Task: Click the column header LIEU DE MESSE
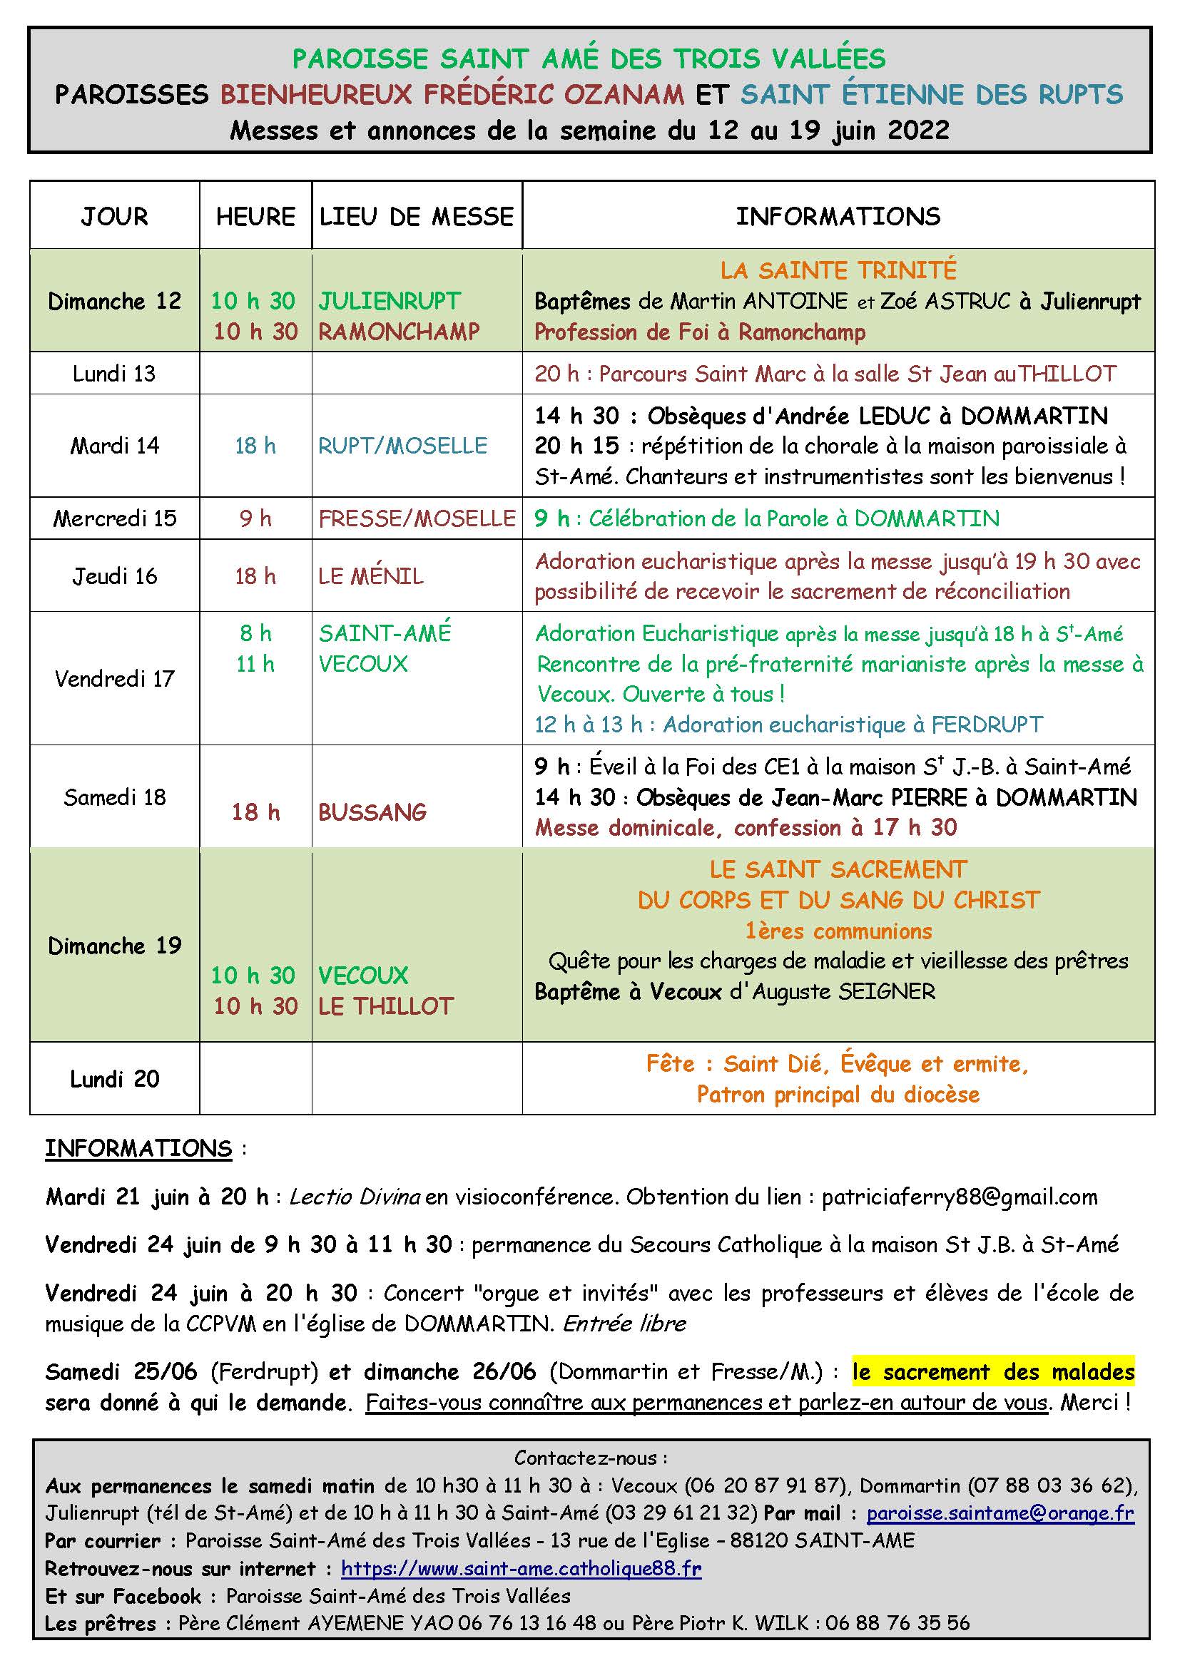(x=417, y=217)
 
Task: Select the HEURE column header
(x=255, y=217)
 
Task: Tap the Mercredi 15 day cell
(x=115, y=518)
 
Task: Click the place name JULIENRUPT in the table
(x=390, y=301)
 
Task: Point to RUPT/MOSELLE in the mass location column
(x=402, y=445)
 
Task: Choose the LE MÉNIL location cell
(x=370, y=576)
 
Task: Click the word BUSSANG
(x=372, y=812)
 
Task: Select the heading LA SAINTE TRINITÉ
(x=838, y=270)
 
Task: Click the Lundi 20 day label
(x=115, y=1079)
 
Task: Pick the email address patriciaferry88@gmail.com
(x=959, y=1197)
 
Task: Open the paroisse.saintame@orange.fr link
(x=1000, y=1513)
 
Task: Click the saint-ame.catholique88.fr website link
(x=521, y=1568)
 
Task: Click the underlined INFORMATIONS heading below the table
(x=138, y=1149)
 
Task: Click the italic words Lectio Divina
(x=355, y=1197)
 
